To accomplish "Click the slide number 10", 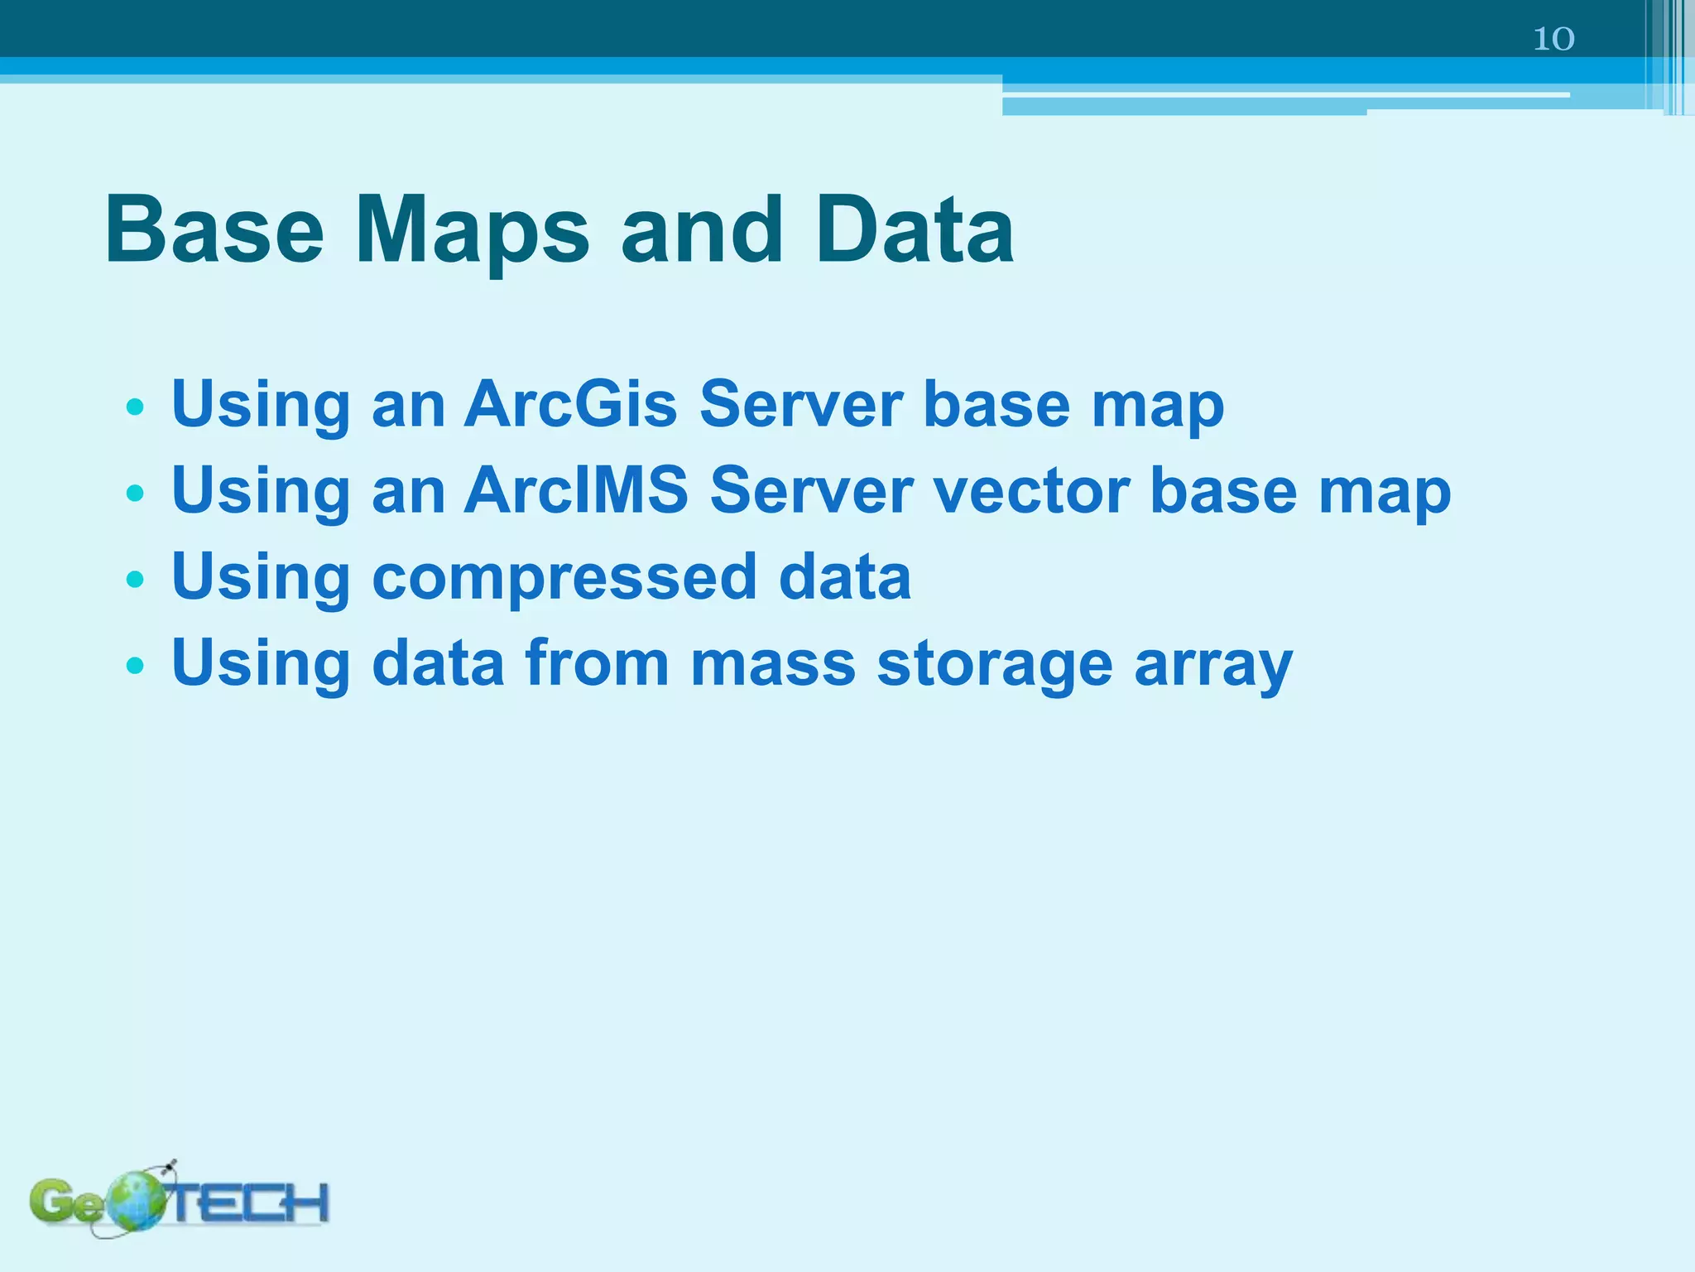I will [1553, 39].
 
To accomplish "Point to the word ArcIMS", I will [576, 490].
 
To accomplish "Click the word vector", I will [1030, 490].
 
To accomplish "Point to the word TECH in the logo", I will [248, 1202].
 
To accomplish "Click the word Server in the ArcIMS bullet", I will [811, 490].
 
